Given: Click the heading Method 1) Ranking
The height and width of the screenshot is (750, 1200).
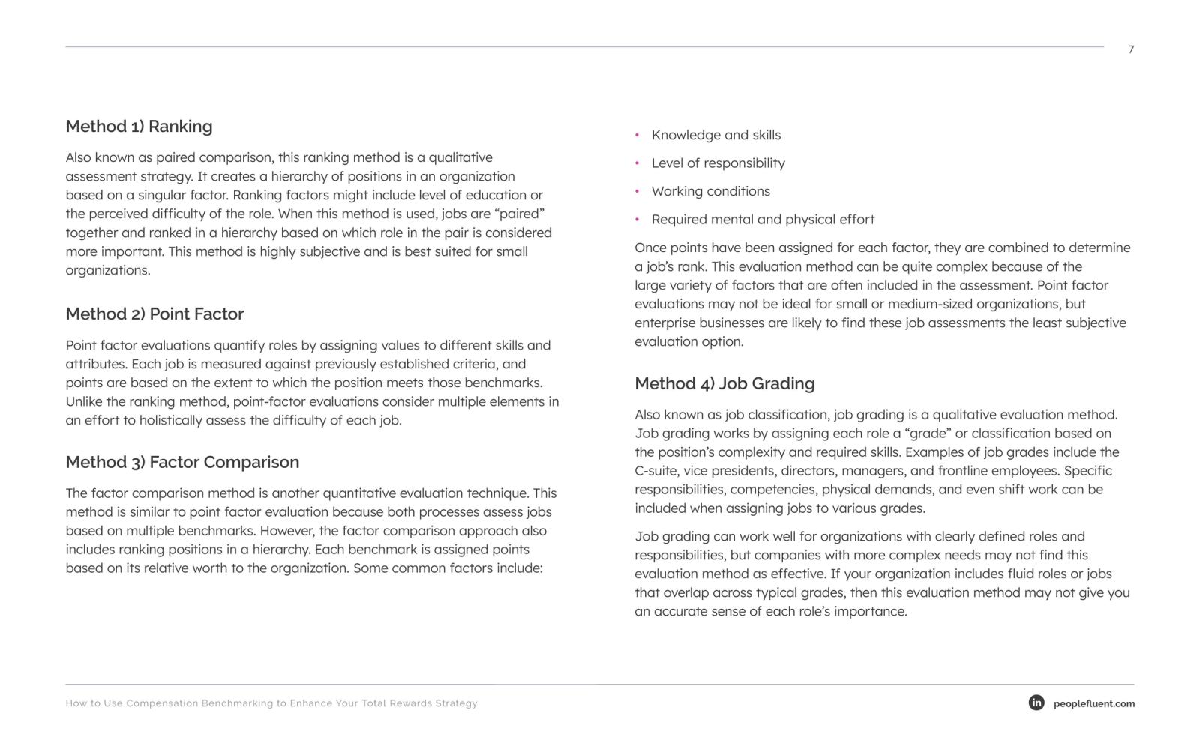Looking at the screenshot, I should [x=139, y=127].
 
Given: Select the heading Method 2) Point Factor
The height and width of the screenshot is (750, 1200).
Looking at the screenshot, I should [x=154, y=314].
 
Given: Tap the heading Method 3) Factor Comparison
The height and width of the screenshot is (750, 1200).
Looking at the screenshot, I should [x=182, y=463].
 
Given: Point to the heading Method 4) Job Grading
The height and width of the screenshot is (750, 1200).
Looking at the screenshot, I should [x=724, y=384].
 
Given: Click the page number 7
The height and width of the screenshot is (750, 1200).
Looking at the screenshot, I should [x=1131, y=49].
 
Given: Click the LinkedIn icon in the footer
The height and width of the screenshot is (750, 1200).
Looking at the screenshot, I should [x=1036, y=703].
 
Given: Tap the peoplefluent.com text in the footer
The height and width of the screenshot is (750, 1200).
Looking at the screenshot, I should [x=1093, y=704].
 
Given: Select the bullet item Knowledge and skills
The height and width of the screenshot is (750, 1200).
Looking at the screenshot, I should [x=715, y=136].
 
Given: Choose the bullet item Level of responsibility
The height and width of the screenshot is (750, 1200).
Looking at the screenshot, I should [x=718, y=163].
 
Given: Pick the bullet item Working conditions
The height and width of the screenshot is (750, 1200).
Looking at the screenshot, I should [x=710, y=192].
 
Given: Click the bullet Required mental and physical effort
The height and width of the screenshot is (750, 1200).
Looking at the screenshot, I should [x=763, y=220].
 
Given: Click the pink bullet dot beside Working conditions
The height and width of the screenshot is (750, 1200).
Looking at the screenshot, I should [x=637, y=192].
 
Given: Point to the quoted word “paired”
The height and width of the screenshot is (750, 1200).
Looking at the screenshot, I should [x=519, y=214].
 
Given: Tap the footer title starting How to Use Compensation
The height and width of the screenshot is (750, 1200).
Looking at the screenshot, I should [x=271, y=703].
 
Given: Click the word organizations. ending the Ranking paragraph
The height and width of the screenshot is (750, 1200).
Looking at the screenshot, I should [x=108, y=271].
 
